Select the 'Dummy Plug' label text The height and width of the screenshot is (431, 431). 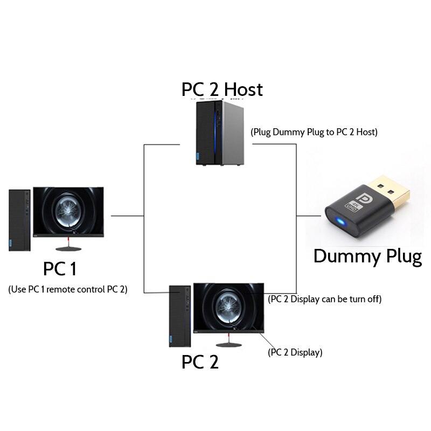(367, 256)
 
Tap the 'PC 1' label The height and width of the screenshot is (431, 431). (63, 268)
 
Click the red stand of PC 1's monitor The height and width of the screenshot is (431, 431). (68, 241)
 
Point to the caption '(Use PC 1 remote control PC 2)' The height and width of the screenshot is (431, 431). (68, 289)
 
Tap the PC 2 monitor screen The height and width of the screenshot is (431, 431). (229, 307)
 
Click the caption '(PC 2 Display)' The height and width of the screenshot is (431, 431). (295, 353)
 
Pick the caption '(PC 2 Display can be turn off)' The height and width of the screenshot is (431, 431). (325, 299)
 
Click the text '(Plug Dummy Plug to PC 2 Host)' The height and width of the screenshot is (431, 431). (314, 132)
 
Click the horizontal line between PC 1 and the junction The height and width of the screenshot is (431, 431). (127, 215)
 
